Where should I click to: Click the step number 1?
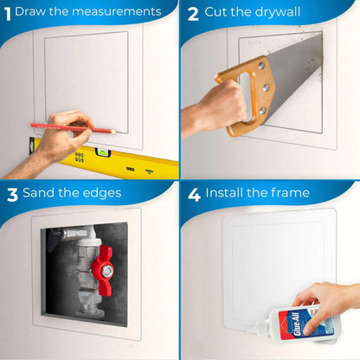(7, 12)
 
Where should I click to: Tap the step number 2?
(193, 13)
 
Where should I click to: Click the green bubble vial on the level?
(82, 156)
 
